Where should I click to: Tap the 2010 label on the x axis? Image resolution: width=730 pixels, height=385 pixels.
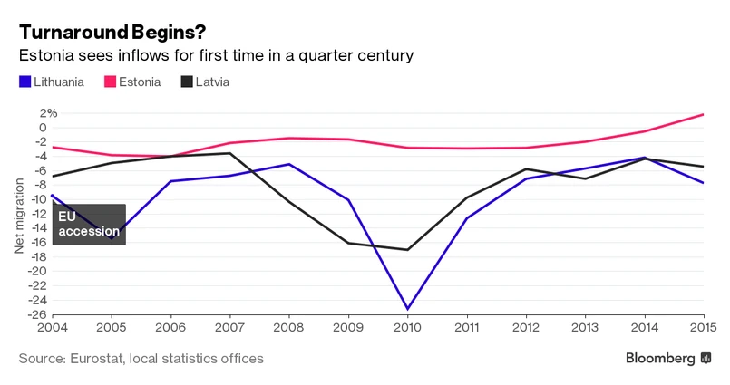(408, 327)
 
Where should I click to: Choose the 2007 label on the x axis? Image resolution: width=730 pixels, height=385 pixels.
(230, 327)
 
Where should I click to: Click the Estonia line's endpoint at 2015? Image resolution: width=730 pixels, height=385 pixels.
(705, 114)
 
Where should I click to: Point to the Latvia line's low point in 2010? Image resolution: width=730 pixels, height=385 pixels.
(408, 250)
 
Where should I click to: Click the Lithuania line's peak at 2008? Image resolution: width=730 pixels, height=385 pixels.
(289, 164)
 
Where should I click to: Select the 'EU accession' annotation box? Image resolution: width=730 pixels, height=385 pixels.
(89, 224)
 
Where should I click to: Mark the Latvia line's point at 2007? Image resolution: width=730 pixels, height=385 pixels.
(230, 153)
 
